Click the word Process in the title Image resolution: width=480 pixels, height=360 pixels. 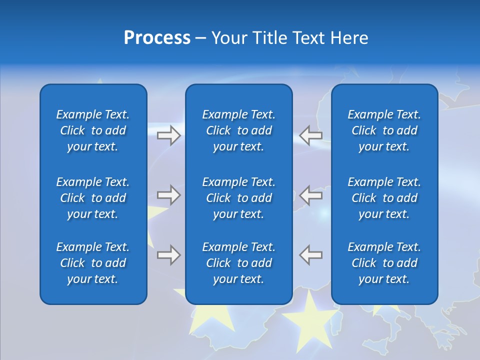pos(157,38)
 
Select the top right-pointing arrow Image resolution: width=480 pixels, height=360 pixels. pos(168,135)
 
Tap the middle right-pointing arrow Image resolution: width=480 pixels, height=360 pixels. pos(168,195)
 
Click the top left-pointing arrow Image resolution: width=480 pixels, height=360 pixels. pos(311,135)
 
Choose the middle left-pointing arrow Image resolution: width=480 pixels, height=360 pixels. pos(311,195)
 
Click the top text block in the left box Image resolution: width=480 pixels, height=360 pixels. pos(93,130)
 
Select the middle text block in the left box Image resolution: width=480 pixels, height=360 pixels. pos(93,198)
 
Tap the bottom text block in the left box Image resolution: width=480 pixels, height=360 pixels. pos(93,263)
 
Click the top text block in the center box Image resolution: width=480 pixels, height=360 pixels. pos(239,130)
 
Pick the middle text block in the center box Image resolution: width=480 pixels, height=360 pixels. pos(239,198)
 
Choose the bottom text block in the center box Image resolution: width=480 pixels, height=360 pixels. pos(239,263)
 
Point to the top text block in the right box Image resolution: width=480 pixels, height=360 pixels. pos(384,130)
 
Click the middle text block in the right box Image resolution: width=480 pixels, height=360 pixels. pos(384,198)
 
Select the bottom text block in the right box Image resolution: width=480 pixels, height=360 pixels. pos(384,263)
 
